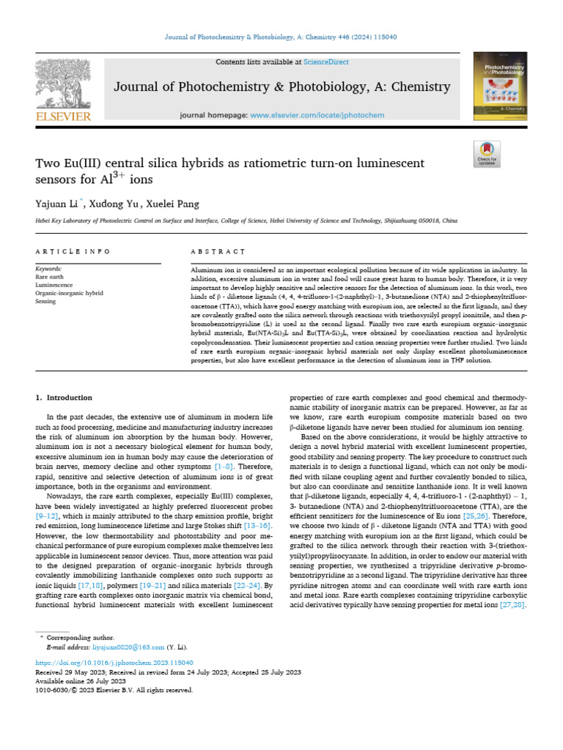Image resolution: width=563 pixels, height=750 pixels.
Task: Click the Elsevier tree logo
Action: coord(64,83)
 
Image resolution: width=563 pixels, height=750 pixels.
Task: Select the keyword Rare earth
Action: coord(50,278)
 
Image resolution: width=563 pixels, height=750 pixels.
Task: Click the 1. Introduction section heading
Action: coord(65,398)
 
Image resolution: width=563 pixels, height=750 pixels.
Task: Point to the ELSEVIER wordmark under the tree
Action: coord(64,116)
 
